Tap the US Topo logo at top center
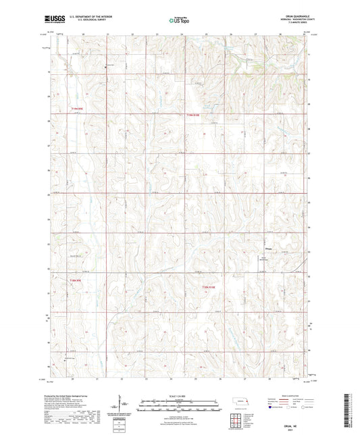(179, 21)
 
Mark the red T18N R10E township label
(210, 286)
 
